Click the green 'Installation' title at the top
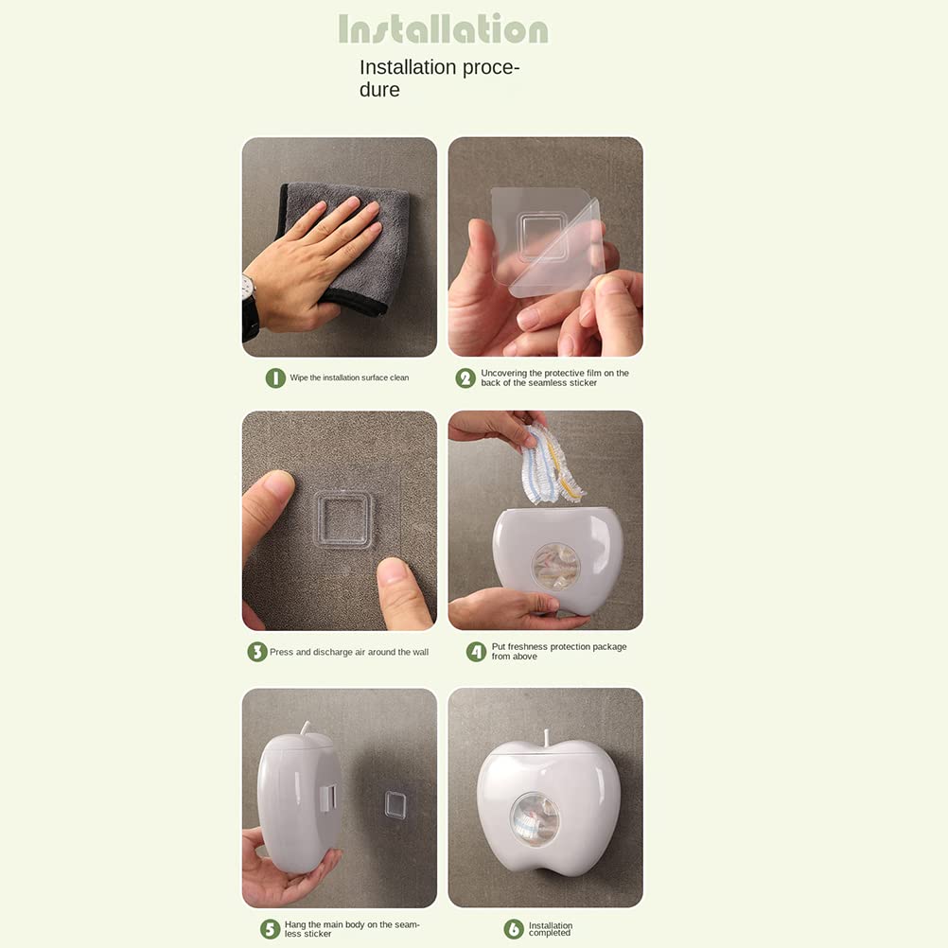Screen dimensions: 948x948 (x=443, y=28)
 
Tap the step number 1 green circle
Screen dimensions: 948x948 (x=275, y=377)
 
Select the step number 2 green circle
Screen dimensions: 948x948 (x=465, y=377)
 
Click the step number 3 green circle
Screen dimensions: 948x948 (x=257, y=652)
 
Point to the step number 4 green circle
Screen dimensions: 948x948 (x=477, y=652)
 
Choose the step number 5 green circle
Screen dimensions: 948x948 (x=271, y=929)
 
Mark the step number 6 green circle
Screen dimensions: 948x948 (x=514, y=929)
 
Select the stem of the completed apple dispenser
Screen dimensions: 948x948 (x=547, y=738)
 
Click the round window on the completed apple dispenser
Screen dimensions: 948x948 (x=535, y=819)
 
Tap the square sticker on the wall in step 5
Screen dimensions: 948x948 (x=395, y=804)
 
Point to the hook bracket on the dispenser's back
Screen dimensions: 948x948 (x=327, y=798)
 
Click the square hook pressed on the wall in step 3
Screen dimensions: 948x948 (x=343, y=520)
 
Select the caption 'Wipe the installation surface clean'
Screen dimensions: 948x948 (x=349, y=377)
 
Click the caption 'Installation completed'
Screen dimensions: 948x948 (x=551, y=929)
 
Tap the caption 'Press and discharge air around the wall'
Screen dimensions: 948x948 (x=349, y=652)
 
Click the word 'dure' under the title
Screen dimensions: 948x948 (x=379, y=90)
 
